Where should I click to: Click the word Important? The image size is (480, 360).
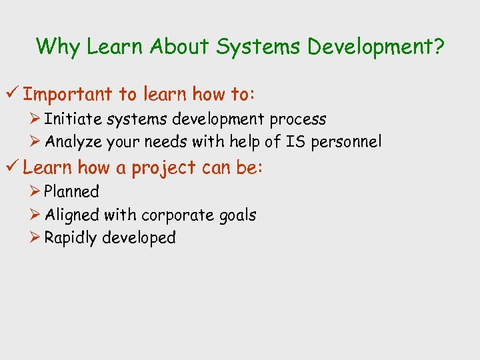pos(67,94)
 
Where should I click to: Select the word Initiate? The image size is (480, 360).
pos(67,119)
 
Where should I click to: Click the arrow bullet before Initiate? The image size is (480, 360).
pos(37,119)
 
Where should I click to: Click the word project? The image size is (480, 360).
pos(163,168)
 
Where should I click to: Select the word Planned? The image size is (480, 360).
pos(71,192)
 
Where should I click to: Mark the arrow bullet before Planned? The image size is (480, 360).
pos(37,192)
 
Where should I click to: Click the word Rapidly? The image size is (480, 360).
pos(71,238)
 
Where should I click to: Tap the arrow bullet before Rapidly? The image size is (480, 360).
pos(37,238)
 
